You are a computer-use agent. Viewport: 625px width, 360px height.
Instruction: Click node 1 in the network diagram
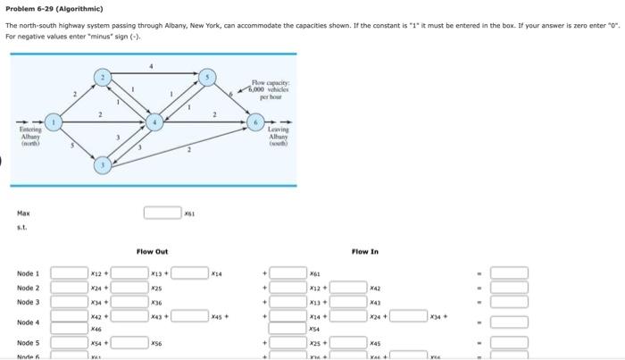coord(54,120)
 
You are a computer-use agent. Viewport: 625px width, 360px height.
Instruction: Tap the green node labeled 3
coord(104,164)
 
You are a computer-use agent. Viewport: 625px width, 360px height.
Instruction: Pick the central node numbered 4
coord(155,120)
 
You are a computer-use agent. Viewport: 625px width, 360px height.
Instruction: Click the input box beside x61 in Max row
coord(162,213)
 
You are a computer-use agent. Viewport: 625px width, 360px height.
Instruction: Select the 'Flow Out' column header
coord(153,252)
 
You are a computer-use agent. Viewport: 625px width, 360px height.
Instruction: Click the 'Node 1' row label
coord(28,273)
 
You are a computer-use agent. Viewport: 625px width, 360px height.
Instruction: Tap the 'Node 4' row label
coord(28,322)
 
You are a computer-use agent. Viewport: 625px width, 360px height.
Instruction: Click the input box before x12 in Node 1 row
coord(70,273)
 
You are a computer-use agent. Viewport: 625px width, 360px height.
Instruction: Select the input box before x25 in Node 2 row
coord(130,289)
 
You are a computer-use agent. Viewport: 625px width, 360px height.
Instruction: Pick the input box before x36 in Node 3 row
coord(130,303)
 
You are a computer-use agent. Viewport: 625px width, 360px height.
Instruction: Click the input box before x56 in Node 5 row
coord(130,343)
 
